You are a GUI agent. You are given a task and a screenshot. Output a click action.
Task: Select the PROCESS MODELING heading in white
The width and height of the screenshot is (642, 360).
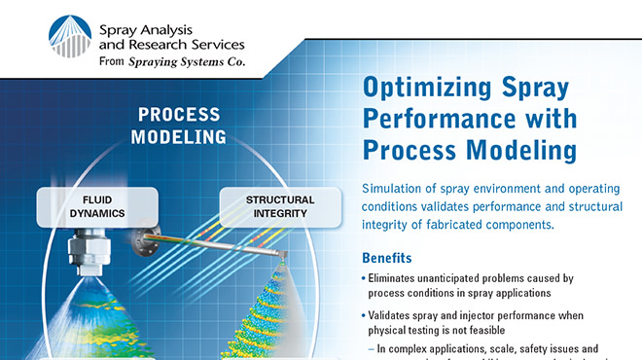[x=180, y=126]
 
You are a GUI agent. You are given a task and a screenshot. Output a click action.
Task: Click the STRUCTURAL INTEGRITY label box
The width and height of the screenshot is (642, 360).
[x=279, y=205]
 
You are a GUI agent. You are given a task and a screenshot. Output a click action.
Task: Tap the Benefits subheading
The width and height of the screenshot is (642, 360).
[x=386, y=259]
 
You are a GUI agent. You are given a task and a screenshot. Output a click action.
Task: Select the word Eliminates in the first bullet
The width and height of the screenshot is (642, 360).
[x=399, y=278]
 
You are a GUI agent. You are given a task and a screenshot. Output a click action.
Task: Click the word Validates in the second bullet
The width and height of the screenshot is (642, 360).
[x=395, y=315]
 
